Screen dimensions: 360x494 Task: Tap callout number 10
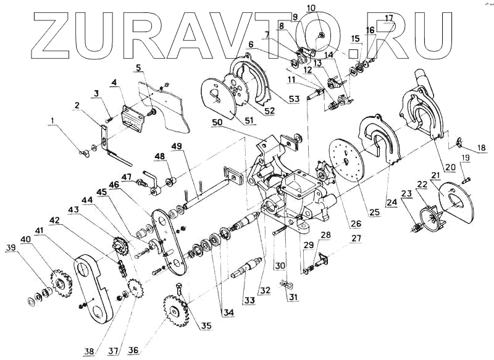tap(311, 7)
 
